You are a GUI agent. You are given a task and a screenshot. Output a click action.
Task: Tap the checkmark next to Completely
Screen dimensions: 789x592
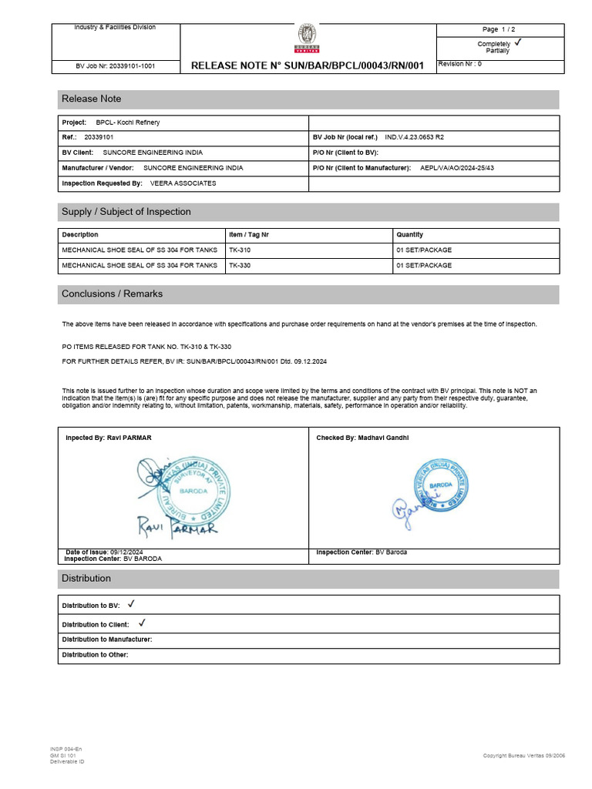click(517, 43)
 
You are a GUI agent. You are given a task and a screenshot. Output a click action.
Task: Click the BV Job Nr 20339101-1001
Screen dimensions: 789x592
click(116, 66)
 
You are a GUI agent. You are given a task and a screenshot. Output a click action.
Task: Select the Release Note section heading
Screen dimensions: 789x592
click(92, 99)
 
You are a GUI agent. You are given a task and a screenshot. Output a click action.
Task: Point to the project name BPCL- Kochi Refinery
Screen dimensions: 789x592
click(128, 123)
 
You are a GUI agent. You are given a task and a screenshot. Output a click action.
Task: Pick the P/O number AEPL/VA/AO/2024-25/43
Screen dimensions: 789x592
click(457, 167)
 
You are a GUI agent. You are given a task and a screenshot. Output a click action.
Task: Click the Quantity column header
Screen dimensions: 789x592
click(409, 234)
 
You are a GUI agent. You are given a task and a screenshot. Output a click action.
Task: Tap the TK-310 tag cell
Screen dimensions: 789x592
click(240, 250)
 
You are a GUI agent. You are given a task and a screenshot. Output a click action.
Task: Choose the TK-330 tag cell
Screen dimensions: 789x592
click(240, 265)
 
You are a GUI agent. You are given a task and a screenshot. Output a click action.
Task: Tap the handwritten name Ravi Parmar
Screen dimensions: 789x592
click(177, 527)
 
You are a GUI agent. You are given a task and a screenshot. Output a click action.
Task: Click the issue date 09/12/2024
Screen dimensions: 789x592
click(126, 552)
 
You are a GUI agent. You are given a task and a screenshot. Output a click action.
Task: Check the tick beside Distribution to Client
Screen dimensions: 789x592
click(142, 623)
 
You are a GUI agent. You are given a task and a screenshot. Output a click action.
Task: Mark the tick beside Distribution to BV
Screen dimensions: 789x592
click(131, 605)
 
